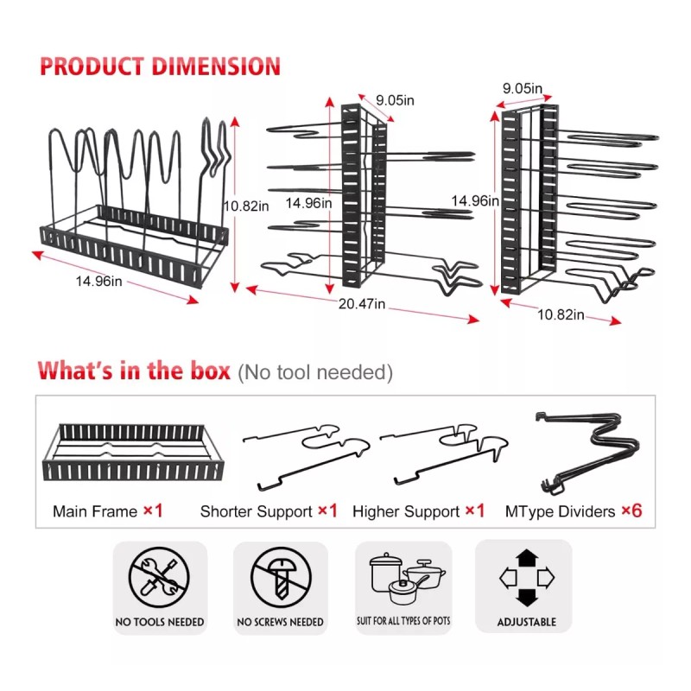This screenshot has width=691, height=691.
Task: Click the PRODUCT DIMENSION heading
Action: point(160,67)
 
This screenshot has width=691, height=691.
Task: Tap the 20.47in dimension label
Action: point(362,304)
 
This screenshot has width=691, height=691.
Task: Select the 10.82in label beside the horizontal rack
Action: point(246,206)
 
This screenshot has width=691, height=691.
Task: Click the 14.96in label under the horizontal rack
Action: point(98,282)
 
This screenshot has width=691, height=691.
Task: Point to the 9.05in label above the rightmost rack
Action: point(523,89)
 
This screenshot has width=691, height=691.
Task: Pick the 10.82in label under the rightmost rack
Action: point(561,314)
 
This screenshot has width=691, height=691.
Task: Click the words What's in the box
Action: point(134,371)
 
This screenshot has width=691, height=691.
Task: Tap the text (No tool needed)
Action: point(315,372)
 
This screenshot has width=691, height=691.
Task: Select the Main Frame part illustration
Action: point(133,452)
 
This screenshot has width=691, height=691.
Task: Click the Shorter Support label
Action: point(256,511)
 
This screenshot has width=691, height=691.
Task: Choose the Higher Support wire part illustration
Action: point(444,454)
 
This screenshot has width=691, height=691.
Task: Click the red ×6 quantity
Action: point(631,510)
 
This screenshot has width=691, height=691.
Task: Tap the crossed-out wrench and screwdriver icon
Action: point(159,577)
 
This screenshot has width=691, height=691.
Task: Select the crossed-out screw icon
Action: point(282,577)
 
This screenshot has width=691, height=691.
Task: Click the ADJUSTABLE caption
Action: point(527,622)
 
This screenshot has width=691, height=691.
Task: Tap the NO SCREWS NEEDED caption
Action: point(280,622)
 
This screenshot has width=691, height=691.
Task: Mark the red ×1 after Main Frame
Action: point(154,510)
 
